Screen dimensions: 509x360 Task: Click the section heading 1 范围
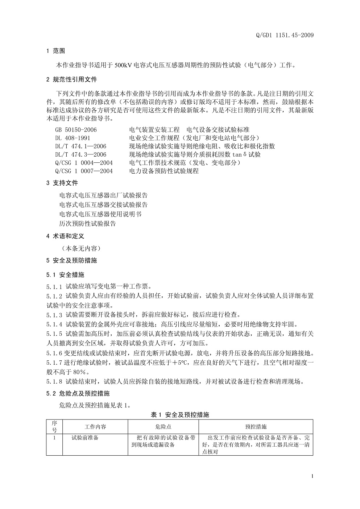tap(56, 51)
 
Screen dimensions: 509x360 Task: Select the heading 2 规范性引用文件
tap(72, 79)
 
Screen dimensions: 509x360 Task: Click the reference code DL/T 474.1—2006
tap(80, 146)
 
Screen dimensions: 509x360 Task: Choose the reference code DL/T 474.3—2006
tap(80, 154)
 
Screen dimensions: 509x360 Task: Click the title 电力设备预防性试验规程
tap(164, 171)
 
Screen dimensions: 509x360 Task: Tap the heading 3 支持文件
tap(62, 183)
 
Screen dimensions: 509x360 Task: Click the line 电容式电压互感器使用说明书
tap(100, 214)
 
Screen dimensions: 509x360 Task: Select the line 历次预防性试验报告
tap(88, 224)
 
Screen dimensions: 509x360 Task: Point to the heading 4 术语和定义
tap(65, 236)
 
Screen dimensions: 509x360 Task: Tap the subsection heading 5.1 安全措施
tap(65, 275)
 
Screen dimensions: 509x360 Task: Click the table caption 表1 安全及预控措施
tap(180, 415)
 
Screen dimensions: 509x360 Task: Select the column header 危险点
tap(164, 427)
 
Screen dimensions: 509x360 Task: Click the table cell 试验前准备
tap(85, 438)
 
